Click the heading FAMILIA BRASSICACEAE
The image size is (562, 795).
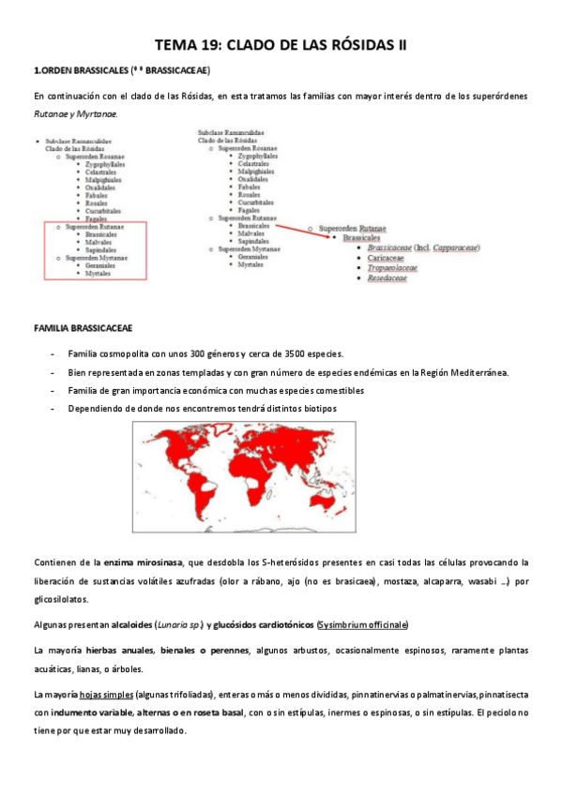click(83, 327)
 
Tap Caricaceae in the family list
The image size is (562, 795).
click(387, 257)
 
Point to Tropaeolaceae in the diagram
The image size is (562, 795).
click(392, 268)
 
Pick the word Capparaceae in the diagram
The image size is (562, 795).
click(450, 247)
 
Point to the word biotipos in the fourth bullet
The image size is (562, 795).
click(313, 409)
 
